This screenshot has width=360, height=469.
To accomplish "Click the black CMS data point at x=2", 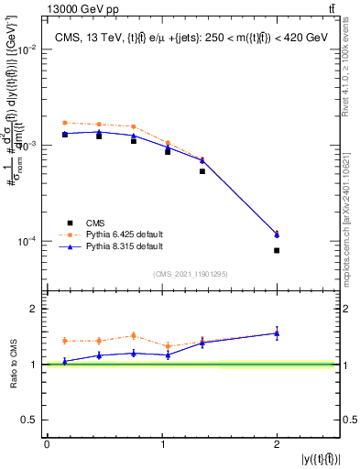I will tap(277, 250).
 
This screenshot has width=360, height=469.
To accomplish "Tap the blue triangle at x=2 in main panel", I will tap(277, 234).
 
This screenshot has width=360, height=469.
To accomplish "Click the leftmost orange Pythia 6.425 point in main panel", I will tap(65, 122).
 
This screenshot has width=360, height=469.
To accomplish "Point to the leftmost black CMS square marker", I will tap(65, 135).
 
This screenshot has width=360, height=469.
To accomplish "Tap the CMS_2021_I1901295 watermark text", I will tap(191, 274).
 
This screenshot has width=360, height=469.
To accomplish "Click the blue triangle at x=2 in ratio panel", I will tap(277, 333).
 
